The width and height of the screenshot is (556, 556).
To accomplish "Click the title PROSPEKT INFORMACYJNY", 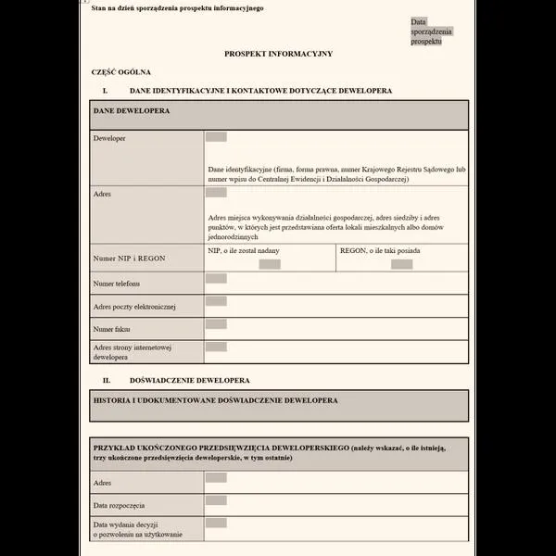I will [278, 55].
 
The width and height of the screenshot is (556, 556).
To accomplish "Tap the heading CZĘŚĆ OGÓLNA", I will [121, 71].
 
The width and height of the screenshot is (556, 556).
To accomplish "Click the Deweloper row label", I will [109, 138].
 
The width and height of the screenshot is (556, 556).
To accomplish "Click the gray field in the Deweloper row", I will [216, 137].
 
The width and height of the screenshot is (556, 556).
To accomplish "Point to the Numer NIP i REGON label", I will [130, 258].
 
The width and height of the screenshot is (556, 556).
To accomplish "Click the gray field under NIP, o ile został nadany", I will [270, 264].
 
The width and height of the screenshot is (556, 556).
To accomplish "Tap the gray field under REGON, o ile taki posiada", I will [401, 264].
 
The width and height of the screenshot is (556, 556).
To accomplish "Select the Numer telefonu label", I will [117, 283].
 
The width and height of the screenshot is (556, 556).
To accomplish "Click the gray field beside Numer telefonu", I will [216, 278].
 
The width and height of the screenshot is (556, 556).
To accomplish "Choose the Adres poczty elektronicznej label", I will [134, 306].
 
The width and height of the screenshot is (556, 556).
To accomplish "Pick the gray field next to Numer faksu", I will [216, 324].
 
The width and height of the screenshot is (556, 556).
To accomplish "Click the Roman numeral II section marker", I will [107, 380].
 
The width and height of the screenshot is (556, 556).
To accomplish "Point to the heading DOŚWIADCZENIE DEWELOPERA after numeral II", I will [190, 380].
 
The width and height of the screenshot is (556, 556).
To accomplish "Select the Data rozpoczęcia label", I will [120, 505].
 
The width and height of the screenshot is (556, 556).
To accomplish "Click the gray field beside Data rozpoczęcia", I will [216, 500].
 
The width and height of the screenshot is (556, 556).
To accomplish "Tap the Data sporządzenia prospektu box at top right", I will [431, 32].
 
